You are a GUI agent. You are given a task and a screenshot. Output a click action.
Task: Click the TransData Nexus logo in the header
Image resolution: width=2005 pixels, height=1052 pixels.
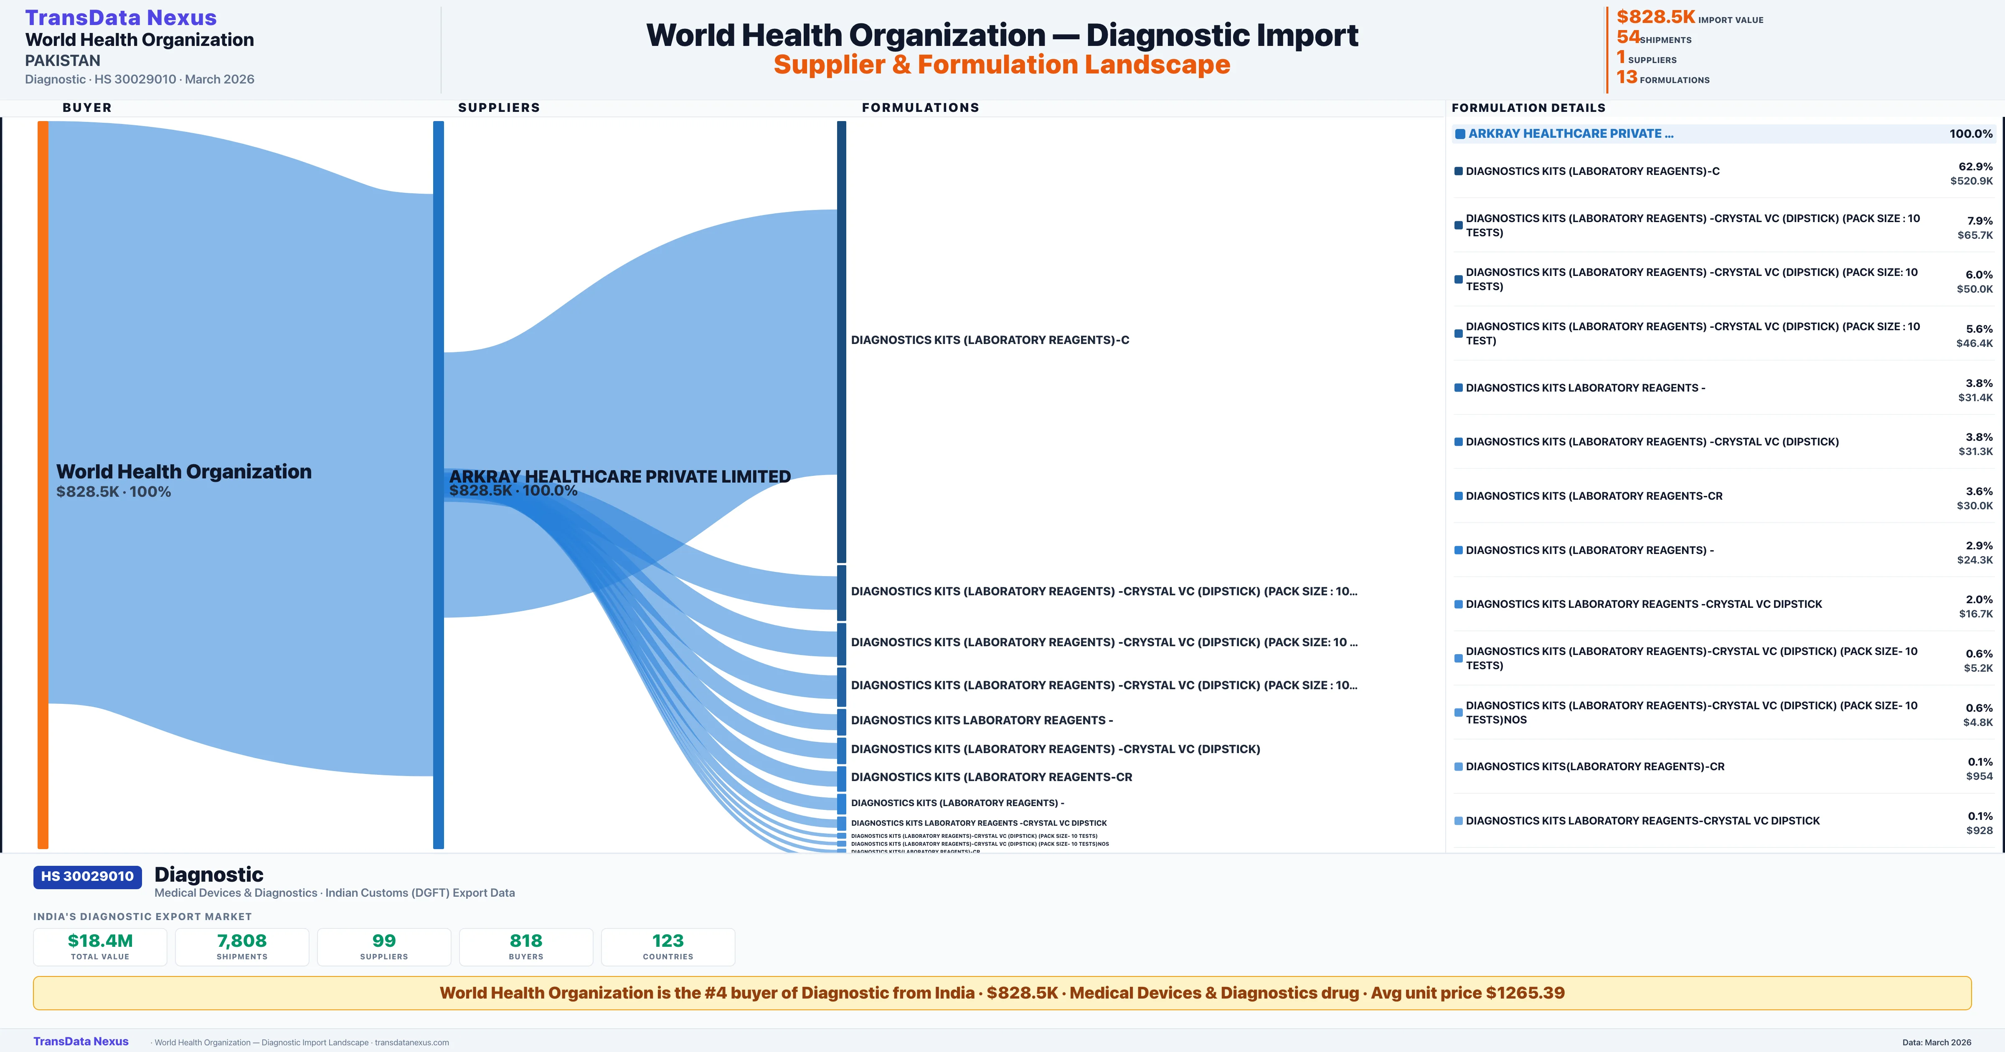coord(121,17)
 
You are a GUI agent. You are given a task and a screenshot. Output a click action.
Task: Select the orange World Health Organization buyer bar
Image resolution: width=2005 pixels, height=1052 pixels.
coord(43,483)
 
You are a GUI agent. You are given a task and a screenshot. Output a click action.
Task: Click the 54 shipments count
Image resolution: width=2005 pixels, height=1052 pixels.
coord(1627,37)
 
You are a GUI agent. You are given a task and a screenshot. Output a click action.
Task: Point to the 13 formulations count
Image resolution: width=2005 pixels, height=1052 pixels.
coord(1626,77)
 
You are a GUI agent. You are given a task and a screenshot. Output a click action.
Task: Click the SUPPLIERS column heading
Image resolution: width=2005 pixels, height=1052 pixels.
coord(498,107)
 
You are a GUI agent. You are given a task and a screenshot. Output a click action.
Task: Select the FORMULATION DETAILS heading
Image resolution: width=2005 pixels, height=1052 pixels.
coord(1528,107)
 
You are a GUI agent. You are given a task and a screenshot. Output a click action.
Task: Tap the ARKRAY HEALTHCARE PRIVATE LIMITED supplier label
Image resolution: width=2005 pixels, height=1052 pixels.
coord(619,476)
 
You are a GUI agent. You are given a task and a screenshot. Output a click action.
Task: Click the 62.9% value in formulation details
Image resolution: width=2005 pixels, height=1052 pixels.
coord(1975,167)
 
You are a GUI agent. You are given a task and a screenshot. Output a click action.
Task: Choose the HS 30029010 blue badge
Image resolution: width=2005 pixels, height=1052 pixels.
coord(87,876)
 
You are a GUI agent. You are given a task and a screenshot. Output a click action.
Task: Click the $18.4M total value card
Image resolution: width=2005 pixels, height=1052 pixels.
coord(100,946)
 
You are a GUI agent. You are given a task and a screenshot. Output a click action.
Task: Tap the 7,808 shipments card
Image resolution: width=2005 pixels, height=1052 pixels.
coord(242,946)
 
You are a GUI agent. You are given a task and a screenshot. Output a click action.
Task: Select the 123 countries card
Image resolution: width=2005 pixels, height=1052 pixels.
coord(668,946)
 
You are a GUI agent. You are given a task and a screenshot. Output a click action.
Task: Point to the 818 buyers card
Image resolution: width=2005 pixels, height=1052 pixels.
coord(526,946)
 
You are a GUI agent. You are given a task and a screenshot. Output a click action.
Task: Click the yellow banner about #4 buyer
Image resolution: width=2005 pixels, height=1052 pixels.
coord(1002,993)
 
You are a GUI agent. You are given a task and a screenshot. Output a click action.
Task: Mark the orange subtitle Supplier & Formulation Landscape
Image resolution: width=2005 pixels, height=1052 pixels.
coord(1002,65)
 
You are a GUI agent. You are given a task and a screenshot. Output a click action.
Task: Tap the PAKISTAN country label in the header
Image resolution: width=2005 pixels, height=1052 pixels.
coord(62,61)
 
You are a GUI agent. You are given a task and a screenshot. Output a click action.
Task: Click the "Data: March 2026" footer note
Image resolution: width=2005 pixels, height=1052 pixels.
coord(1936,1042)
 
